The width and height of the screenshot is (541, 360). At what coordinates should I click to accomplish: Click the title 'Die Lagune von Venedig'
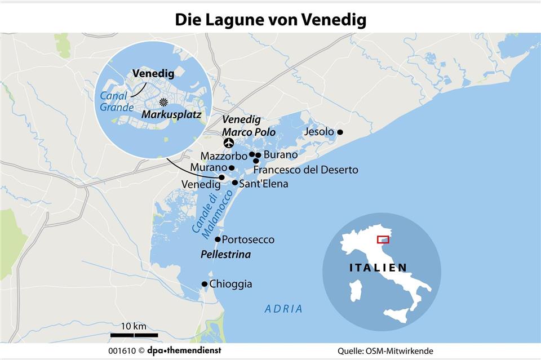pos(270,20)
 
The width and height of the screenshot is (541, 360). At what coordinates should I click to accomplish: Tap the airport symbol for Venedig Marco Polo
pos(229,142)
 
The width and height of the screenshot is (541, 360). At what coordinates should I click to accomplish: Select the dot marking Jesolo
pos(340,132)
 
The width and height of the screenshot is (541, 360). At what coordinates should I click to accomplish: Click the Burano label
pos(280,154)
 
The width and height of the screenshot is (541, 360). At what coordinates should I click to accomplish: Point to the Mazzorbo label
pos(224,156)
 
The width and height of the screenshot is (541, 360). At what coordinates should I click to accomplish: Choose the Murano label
pos(208,168)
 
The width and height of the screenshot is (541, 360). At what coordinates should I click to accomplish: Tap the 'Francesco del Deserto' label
pos(305,170)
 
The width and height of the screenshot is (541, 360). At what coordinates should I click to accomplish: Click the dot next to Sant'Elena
pos(234,183)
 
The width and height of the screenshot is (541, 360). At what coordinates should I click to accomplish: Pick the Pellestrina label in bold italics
pos(225,255)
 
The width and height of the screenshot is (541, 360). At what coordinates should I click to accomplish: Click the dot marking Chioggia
pos(204,284)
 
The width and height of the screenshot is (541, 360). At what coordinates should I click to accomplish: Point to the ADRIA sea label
pos(283,309)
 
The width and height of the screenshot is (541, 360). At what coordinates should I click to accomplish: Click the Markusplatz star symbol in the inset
pos(163,102)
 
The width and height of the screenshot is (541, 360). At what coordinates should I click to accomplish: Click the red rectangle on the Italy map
pos(383,239)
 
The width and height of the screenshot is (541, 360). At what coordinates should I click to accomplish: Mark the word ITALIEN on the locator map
pos(378,267)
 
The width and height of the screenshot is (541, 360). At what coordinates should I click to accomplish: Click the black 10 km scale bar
pos(133,335)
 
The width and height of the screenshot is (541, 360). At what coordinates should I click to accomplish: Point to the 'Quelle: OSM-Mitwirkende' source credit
pos(385,351)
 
